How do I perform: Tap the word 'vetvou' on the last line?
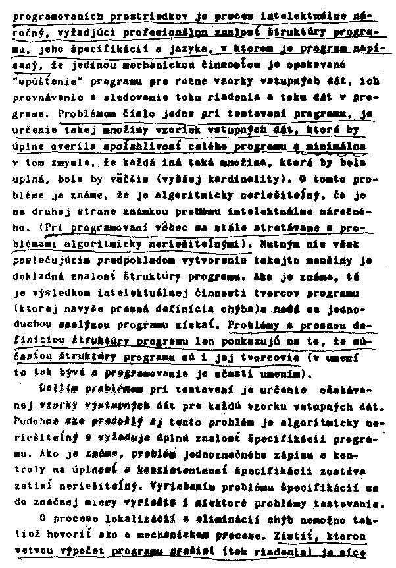coord(29,550)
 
